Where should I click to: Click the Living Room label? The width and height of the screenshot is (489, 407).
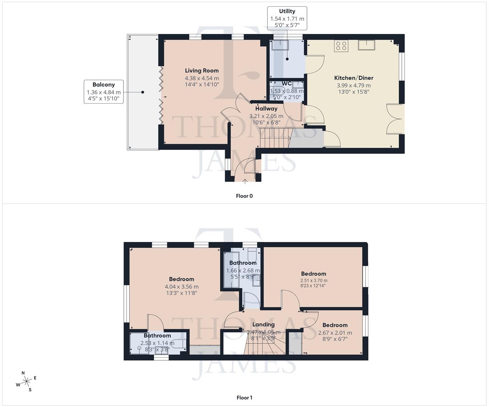(x=202, y=70)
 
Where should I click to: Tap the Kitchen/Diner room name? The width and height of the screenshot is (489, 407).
(x=353, y=78)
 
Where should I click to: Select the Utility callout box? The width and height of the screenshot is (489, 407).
(x=287, y=18)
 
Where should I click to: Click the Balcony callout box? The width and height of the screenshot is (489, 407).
(x=103, y=92)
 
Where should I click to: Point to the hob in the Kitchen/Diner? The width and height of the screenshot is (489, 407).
(x=341, y=46)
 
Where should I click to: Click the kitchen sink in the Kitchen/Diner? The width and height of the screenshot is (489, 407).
(x=367, y=45)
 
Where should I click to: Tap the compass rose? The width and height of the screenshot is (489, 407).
(x=26, y=382)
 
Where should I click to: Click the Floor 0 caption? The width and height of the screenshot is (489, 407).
(x=244, y=196)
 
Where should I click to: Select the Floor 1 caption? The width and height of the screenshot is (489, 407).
(x=244, y=398)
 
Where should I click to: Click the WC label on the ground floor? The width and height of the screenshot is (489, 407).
(x=287, y=84)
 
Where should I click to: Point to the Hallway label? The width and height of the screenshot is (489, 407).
(x=266, y=109)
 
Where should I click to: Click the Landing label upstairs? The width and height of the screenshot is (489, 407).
(x=263, y=324)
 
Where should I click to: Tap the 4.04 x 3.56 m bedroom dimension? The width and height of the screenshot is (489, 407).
(x=181, y=287)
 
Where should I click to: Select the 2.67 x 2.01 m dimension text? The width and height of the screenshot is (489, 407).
(x=335, y=333)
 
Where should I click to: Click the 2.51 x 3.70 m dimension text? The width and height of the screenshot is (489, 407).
(x=313, y=280)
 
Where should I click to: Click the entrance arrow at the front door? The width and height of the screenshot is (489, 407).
(x=245, y=181)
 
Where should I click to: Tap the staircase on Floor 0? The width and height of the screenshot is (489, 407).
(x=275, y=138)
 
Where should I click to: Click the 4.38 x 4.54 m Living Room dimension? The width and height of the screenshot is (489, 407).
(x=202, y=78)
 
